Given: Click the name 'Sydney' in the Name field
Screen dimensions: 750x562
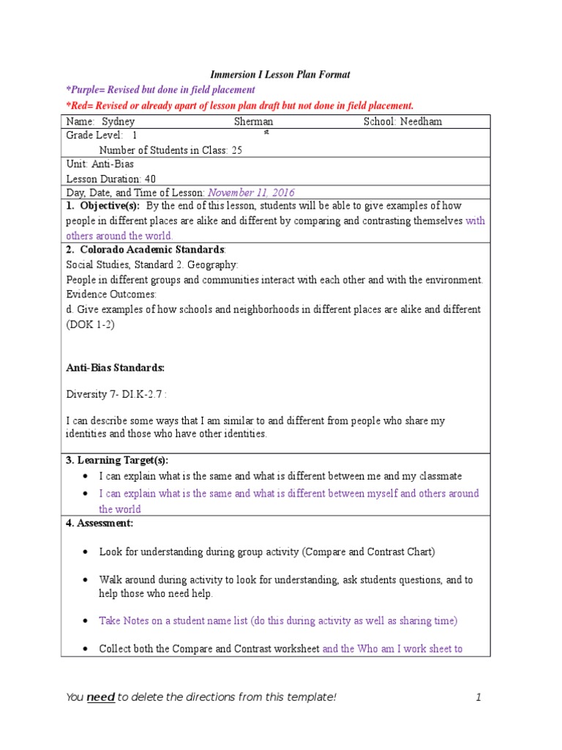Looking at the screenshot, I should click(x=119, y=122).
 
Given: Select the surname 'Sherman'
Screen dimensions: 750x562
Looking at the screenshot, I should click(x=253, y=122).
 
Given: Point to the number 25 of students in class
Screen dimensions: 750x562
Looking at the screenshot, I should click(x=236, y=150).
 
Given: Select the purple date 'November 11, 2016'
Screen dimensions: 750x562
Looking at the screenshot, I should click(x=251, y=193).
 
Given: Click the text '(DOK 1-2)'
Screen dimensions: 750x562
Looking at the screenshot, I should click(x=91, y=324).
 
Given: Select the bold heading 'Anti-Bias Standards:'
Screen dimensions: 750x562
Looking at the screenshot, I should click(x=115, y=367).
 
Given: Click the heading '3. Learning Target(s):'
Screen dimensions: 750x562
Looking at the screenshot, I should click(x=117, y=460).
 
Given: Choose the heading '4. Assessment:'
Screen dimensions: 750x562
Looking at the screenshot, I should click(x=100, y=523).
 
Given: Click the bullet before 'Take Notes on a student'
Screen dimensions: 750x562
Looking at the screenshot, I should click(x=86, y=620).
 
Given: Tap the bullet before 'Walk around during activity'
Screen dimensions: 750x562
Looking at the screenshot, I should click(x=86, y=579).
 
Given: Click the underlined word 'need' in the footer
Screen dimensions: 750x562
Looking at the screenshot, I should click(x=100, y=697).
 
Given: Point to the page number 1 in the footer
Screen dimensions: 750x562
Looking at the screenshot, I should click(x=478, y=697).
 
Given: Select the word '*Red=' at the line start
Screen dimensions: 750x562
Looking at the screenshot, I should click(x=79, y=105).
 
